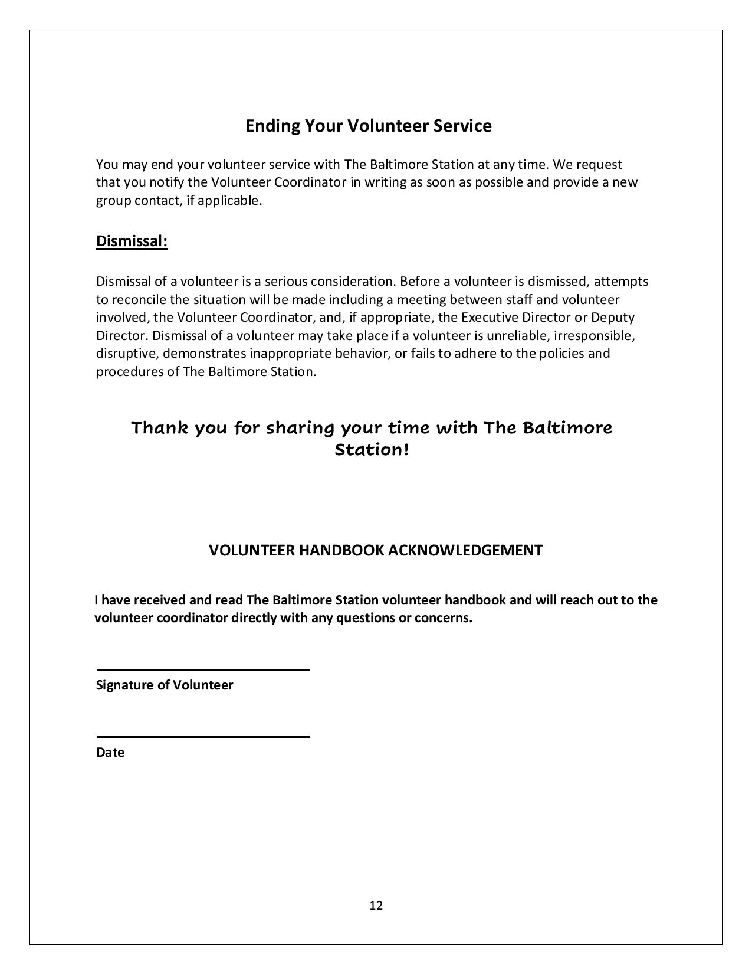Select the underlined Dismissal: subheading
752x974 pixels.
(132, 241)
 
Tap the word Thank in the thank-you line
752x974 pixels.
(159, 427)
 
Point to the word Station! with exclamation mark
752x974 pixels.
(372, 450)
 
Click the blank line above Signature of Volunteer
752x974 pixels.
(203, 669)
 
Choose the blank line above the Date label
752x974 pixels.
(203, 737)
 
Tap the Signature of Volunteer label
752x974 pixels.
(165, 685)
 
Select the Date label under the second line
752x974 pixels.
(110, 753)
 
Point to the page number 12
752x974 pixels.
(376, 906)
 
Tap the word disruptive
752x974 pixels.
(127, 354)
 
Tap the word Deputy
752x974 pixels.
(613, 318)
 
